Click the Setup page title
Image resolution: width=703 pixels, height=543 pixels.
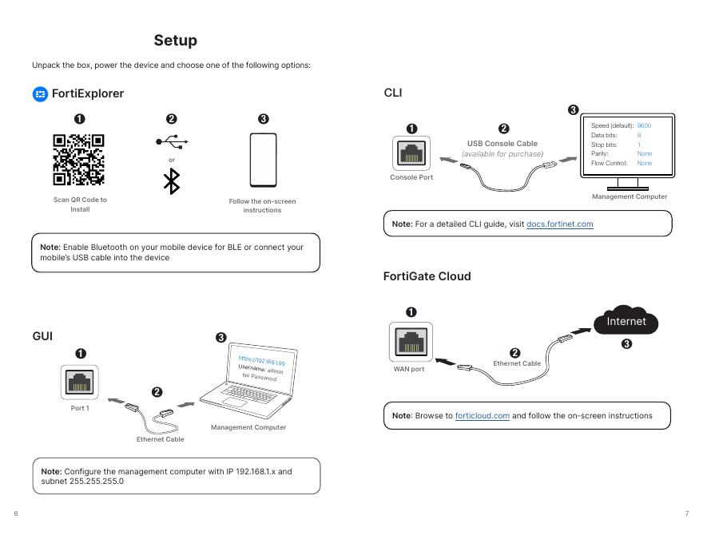click(175, 40)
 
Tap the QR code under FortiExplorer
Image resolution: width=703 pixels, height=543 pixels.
click(78, 160)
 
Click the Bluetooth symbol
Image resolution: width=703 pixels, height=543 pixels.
click(171, 181)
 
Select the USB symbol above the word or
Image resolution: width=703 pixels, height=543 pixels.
click(172, 142)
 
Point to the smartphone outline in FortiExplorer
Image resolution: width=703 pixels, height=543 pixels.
click(263, 160)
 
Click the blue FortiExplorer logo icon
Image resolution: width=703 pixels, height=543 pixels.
click(40, 94)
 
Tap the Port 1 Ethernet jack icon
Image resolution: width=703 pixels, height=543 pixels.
click(79, 382)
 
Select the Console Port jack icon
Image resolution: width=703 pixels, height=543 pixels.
click(411, 153)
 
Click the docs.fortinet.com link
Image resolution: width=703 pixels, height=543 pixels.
click(559, 224)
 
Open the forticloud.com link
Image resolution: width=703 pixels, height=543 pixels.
click(482, 416)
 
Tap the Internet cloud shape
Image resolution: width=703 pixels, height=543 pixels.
click(626, 322)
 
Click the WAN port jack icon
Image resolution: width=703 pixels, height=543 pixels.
click(409, 342)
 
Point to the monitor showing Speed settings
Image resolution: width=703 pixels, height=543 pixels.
click(628, 148)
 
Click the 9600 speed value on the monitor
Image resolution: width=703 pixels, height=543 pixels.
click(644, 126)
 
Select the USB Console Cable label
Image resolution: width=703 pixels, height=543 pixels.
click(502, 144)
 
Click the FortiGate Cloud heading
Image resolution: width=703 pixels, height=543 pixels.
click(427, 276)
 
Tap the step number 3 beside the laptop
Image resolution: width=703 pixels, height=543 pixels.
click(221, 338)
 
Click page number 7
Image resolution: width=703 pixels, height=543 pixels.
click(686, 513)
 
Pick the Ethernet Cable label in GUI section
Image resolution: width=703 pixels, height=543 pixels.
click(160, 439)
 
